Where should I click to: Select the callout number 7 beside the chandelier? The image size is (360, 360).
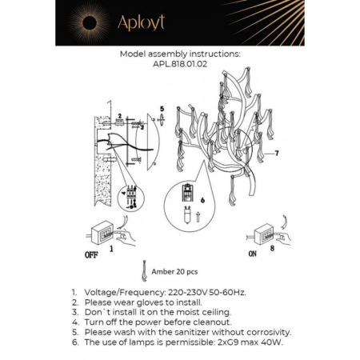click(276, 153)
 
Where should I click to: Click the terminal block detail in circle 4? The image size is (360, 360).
click(128, 197)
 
